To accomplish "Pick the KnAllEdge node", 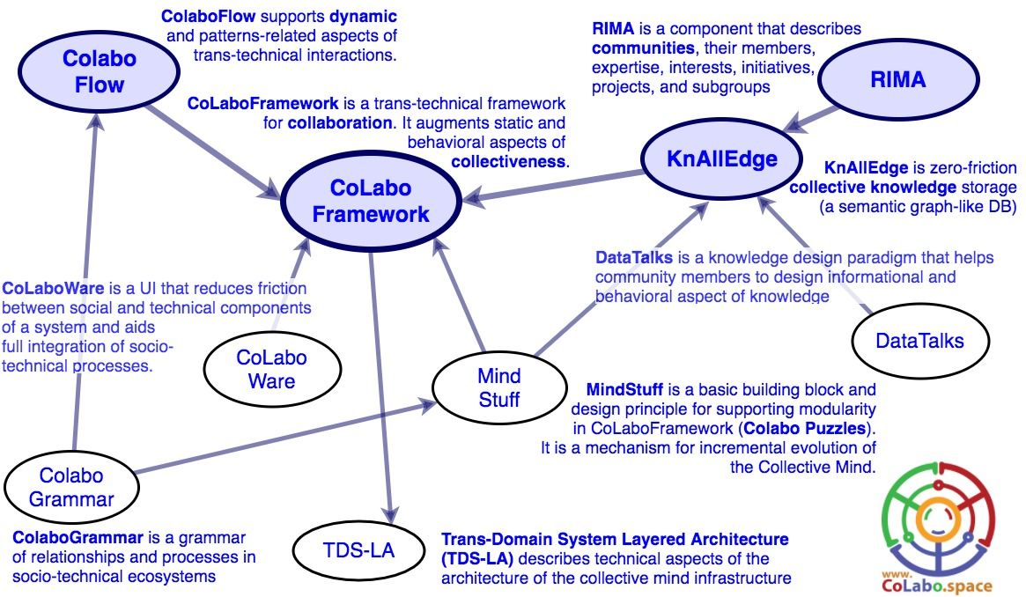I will (721, 158).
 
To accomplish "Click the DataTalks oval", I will (920, 341).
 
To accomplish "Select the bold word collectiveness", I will (508, 161).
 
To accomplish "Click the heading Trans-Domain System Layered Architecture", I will (614, 538).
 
